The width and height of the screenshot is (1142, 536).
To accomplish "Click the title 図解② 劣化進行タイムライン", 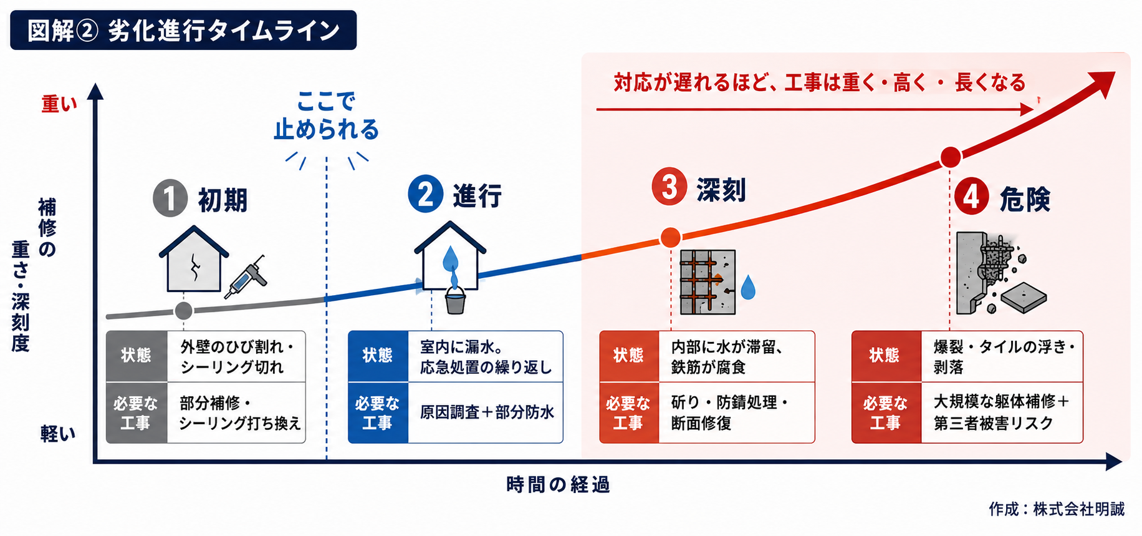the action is click(x=183, y=30).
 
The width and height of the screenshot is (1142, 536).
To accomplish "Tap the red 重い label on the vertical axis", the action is click(x=59, y=104).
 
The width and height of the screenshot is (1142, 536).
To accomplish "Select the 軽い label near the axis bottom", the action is click(x=59, y=433).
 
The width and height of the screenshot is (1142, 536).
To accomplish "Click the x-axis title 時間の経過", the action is click(x=558, y=484).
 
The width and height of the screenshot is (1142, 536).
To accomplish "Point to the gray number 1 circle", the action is click(x=170, y=198).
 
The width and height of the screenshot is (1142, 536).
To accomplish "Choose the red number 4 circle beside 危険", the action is click(x=971, y=197).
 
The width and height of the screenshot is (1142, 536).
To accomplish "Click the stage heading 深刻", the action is click(x=721, y=190).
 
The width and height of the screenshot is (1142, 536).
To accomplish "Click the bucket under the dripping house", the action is click(x=455, y=301).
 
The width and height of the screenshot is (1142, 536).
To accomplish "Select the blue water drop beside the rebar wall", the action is click(x=748, y=288).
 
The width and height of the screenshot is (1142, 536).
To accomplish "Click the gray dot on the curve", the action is click(x=184, y=310).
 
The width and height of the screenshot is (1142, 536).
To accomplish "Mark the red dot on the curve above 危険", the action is click(x=950, y=157).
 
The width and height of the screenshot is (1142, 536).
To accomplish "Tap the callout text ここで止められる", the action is click(x=327, y=115).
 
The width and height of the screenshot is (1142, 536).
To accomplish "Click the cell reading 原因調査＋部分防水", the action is click(x=487, y=412).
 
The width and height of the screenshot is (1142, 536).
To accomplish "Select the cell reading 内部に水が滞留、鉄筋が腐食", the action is click(x=727, y=357).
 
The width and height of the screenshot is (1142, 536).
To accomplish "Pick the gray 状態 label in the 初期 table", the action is click(x=137, y=356).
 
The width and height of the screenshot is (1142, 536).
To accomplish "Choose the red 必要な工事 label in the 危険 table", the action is click(x=886, y=413).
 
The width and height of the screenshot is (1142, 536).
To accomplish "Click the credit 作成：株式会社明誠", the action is click(x=1057, y=509).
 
